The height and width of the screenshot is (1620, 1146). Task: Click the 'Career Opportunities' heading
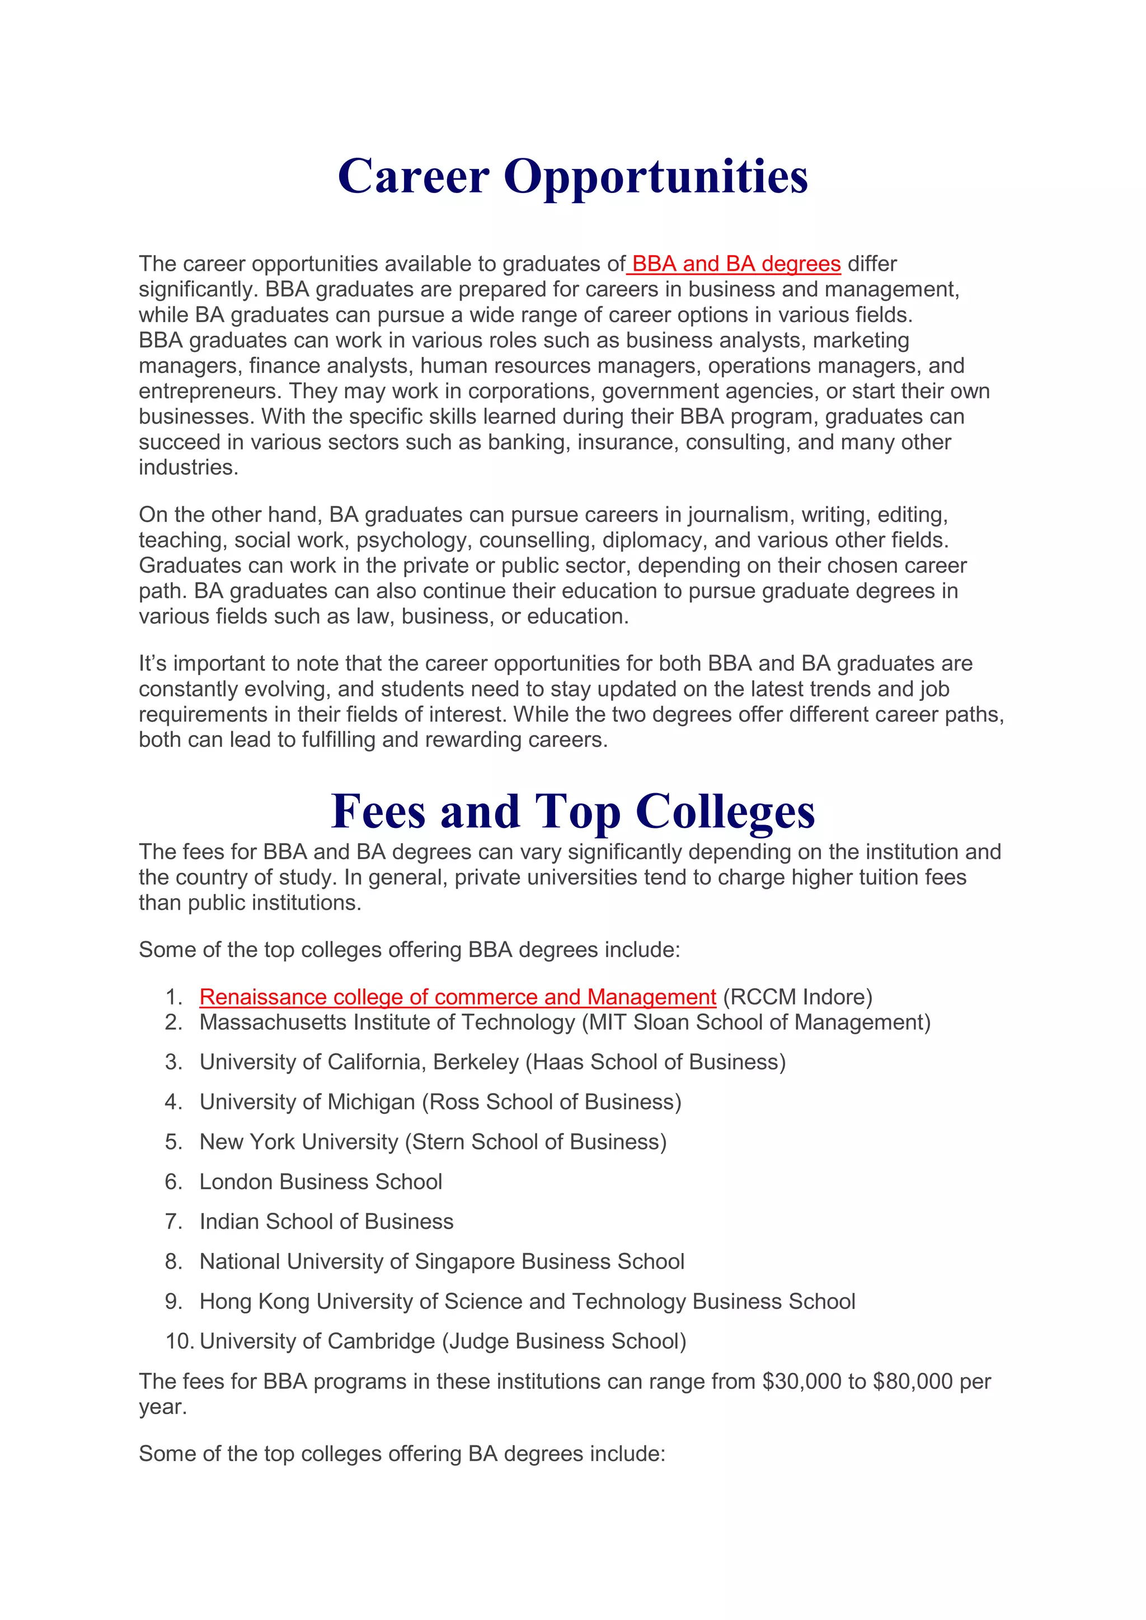coord(572,176)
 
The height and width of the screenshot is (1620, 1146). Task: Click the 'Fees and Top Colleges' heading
coord(572,812)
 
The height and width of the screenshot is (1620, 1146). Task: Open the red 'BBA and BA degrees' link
coord(735,264)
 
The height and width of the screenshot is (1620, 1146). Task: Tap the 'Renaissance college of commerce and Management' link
coord(457,997)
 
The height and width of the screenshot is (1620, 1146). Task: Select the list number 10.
coord(179,1341)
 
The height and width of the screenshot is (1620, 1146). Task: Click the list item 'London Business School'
coord(321,1182)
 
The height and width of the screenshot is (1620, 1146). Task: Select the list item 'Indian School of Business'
coord(326,1221)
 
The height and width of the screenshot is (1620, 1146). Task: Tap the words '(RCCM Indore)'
coord(797,997)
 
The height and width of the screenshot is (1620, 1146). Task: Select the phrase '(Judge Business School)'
coord(564,1341)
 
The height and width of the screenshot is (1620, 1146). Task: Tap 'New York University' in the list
coord(299,1142)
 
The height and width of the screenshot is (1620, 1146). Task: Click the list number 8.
coord(173,1261)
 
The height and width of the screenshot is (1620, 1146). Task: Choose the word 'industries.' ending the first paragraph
coord(189,468)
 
